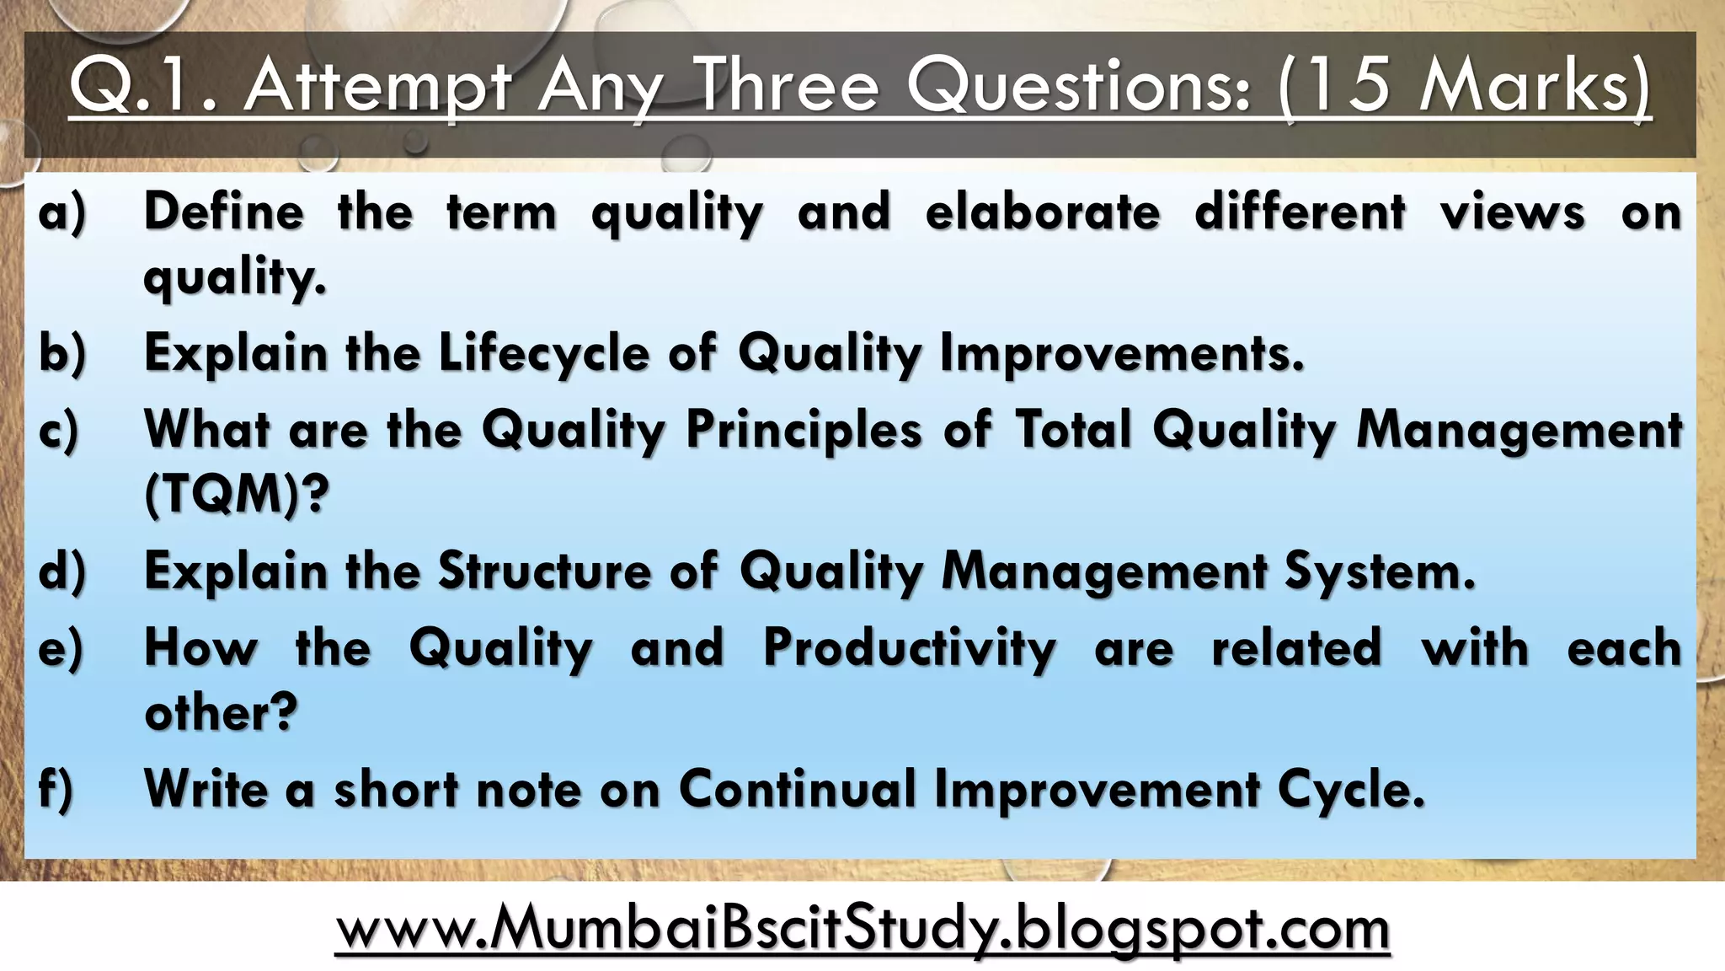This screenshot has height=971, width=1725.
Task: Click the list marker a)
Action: click(62, 212)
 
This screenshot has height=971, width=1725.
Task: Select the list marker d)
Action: click(62, 571)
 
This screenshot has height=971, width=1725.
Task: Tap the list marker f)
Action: click(56, 789)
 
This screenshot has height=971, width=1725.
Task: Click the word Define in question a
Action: click(224, 212)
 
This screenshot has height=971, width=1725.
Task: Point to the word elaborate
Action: click(1043, 212)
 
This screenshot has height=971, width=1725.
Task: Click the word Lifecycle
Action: click(544, 353)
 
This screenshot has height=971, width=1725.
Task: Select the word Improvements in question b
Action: click(1121, 353)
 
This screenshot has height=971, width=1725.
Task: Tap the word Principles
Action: click(804, 430)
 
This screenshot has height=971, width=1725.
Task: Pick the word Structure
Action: click(545, 571)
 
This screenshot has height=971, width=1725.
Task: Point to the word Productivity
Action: click(909, 648)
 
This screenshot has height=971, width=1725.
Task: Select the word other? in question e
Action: click(222, 713)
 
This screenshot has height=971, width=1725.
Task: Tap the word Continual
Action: click(797, 790)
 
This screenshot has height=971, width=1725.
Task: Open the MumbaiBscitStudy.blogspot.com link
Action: click(862, 928)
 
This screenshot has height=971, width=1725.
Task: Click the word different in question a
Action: click(1300, 212)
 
